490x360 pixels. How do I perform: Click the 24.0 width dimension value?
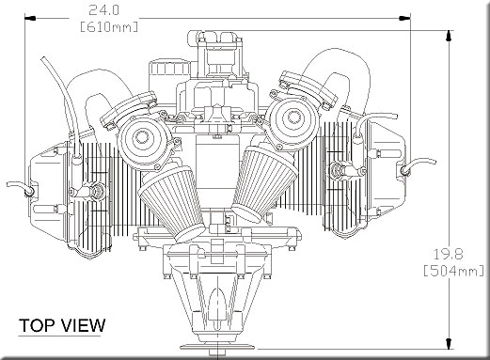click(x=103, y=10)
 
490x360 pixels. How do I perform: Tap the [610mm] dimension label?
click(x=109, y=27)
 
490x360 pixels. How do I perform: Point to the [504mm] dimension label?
click(x=454, y=271)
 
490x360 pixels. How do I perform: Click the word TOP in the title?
click(x=37, y=325)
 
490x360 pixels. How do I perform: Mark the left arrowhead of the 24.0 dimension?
click(x=30, y=19)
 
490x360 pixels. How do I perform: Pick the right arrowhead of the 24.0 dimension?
click(x=404, y=18)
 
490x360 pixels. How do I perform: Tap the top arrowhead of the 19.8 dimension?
click(x=450, y=36)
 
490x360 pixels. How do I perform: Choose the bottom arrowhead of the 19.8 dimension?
click(x=450, y=343)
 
